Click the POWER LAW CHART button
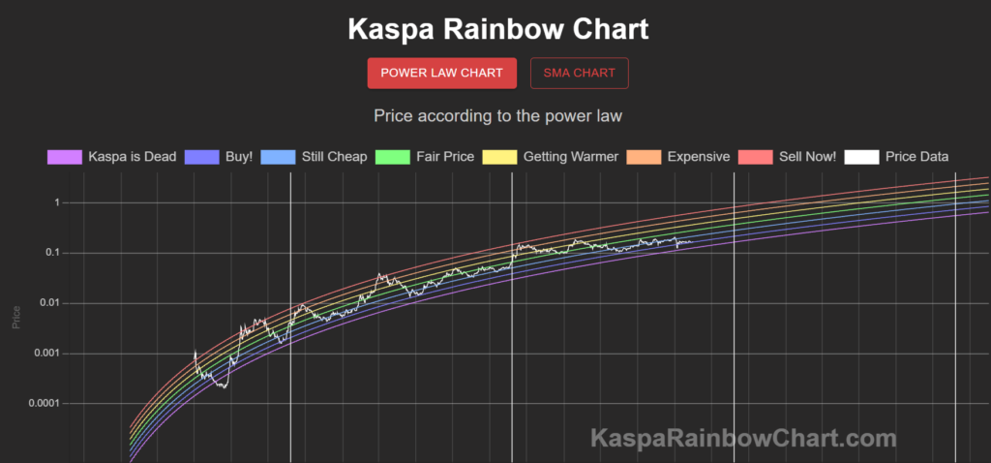(x=441, y=73)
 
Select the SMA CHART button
(x=579, y=73)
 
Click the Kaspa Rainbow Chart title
(x=498, y=29)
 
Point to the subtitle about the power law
(x=497, y=116)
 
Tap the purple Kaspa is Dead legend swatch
(x=64, y=156)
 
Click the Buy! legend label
(x=238, y=156)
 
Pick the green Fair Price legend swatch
(x=392, y=156)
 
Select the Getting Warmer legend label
(x=570, y=156)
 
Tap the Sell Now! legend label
(x=807, y=156)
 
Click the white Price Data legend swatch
(x=861, y=156)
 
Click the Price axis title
(x=15, y=316)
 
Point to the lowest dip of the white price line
(x=225, y=387)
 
